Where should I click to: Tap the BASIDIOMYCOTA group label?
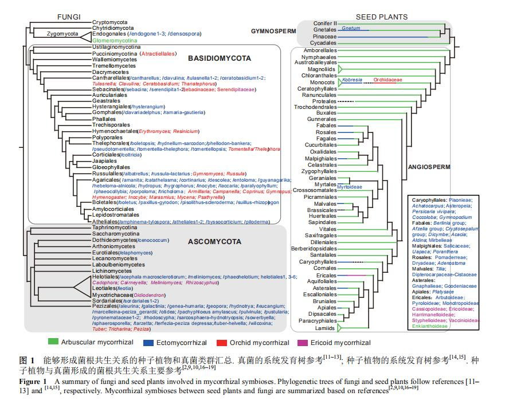tap(219, 58)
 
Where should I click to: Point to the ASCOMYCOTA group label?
tap(214, 242)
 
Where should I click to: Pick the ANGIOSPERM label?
tap(429, 167)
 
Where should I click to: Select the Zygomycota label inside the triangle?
tap(46, 34)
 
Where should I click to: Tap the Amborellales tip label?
tap(319, 50)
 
